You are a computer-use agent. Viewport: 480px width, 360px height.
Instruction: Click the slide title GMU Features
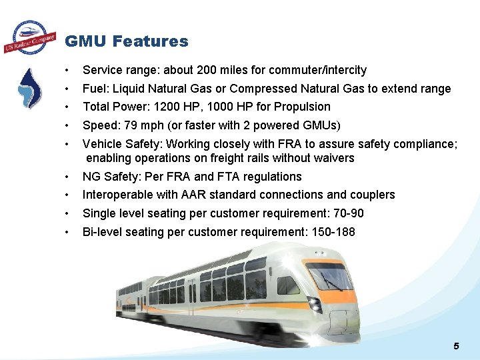point(126,41)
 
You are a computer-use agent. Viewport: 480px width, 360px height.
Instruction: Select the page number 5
point(456,345)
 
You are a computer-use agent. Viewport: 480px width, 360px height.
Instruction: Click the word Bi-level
point(102,232)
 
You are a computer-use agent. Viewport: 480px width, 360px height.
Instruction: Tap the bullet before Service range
point(67,70)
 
